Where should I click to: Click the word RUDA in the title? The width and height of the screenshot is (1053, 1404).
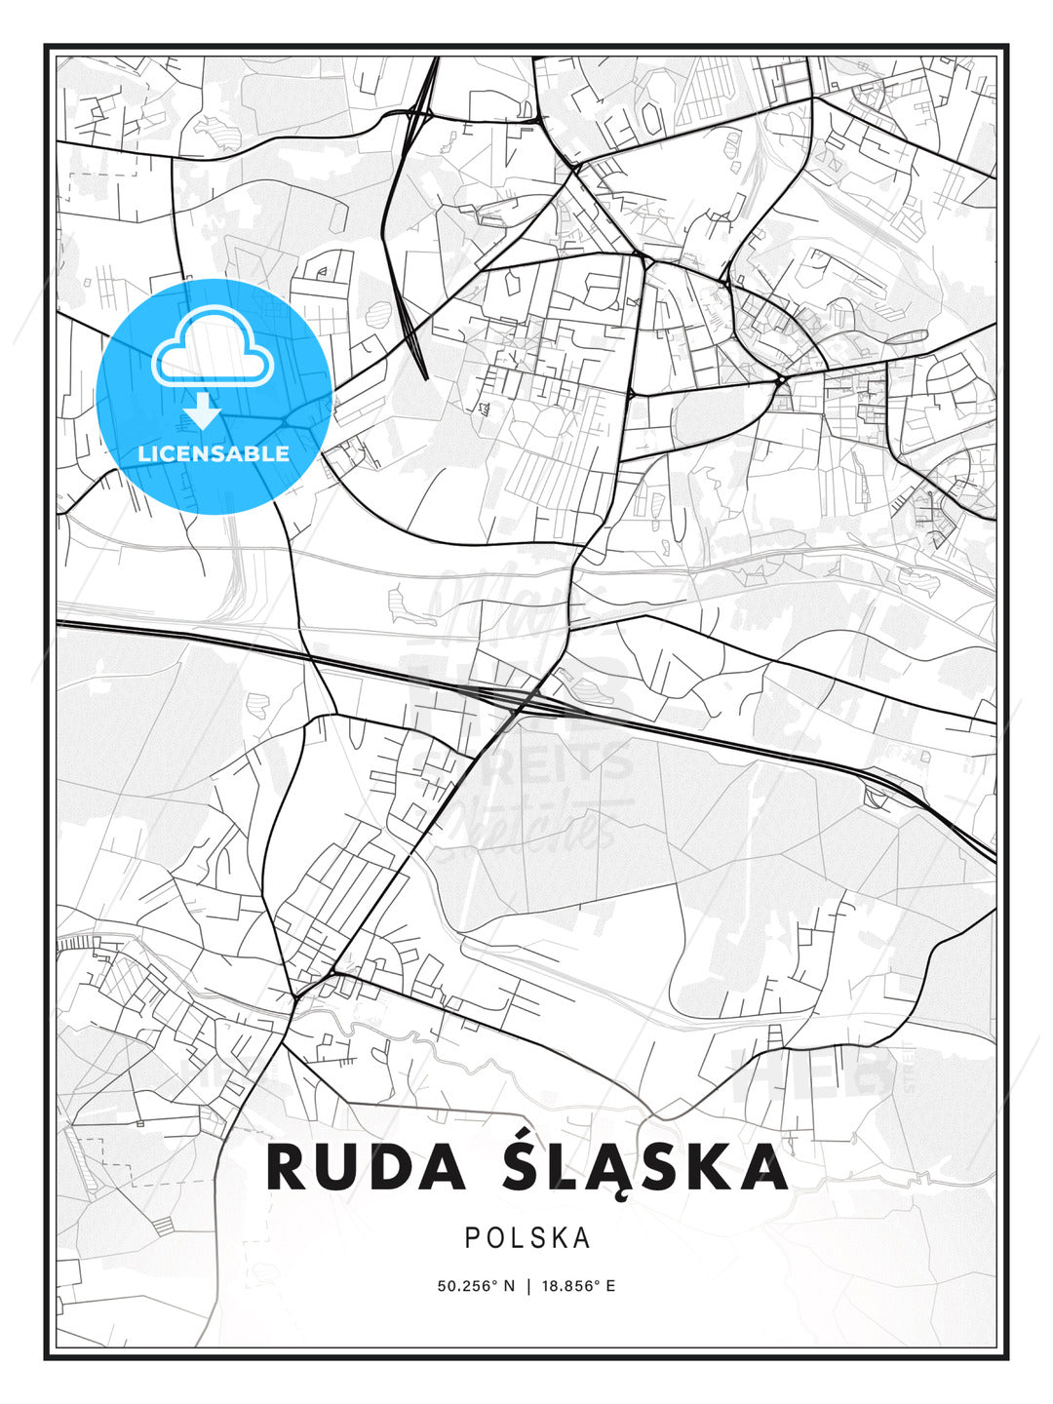tap(365, 1167)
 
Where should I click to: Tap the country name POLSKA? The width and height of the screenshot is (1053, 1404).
tap(527, 1237)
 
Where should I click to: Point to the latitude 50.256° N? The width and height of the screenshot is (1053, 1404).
tap(475, 1286)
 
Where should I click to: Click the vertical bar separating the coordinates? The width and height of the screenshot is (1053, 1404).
tap(527, 1286)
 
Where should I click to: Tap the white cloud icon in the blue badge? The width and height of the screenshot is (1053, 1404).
tap(213, 349)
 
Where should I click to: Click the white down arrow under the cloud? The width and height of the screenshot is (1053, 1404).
tap(203, 410)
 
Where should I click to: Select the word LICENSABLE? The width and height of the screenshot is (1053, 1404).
tap(214, 453)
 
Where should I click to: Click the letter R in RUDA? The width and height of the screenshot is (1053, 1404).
tap(289, 1167)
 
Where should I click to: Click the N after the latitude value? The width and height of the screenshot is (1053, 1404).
tap(508, 1286)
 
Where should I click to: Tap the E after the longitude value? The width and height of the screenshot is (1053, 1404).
tap(610, 1286)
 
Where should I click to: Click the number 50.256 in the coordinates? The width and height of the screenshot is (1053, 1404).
tap(466, 1286)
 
